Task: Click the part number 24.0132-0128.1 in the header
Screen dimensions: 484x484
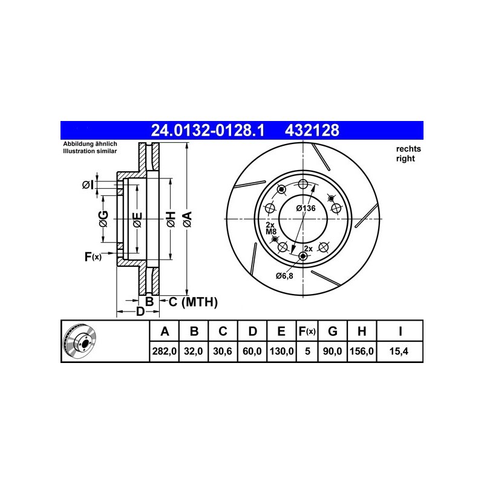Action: (208, 130)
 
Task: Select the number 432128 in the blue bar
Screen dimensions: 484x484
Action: (312, 130)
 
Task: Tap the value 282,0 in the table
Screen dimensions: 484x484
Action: (164, 352)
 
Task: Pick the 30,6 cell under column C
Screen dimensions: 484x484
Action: (223, 352)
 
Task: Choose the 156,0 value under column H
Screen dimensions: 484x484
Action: (362, 352)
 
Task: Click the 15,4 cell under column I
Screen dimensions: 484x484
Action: (399, 352)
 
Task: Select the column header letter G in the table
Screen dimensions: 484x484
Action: (332, 331)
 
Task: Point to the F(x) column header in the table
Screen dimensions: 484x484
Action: (307, 331)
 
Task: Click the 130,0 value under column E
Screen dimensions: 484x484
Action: (281, 352)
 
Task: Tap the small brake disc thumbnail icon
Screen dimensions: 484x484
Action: (79, 341)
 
